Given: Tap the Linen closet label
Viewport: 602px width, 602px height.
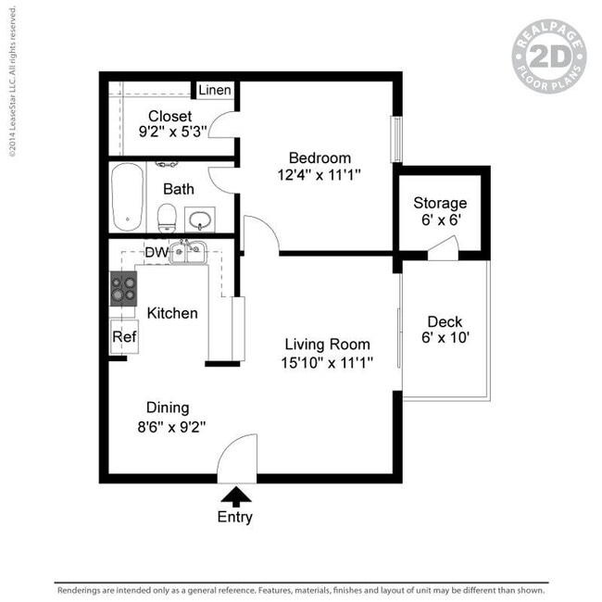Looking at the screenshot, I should (214, 90).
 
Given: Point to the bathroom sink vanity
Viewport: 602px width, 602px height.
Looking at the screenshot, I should (200, 219).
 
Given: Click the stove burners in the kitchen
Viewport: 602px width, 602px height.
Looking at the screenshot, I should (122, 290).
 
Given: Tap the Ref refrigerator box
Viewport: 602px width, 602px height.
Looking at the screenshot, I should (124, 337).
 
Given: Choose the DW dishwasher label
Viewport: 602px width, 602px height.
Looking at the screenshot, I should (156, 251).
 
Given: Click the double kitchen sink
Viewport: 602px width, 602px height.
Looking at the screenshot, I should (188, 251).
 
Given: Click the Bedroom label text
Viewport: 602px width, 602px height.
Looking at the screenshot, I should (319, 157).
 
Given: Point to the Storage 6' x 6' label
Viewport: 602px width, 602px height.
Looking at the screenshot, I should (440, 212).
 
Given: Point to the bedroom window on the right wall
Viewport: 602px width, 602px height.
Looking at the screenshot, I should (396, 139).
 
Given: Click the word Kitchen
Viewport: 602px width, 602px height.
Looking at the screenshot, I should (172, 313).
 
